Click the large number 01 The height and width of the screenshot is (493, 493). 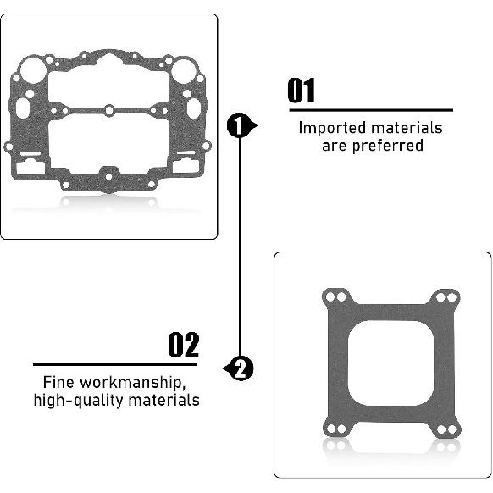point(302,91)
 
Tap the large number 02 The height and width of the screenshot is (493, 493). point(183,346)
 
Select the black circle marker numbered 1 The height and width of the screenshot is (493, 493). point(241,126)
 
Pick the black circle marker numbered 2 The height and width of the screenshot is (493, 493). point(241,368)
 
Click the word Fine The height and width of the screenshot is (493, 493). point(59,383)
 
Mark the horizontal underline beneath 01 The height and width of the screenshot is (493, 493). point(371,109)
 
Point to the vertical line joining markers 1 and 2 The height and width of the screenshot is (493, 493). point(241,246)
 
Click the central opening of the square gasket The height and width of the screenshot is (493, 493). point(383,364)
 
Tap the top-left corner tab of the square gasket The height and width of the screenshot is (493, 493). point(337,298)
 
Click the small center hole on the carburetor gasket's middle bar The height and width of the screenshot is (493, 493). point(110,110)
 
